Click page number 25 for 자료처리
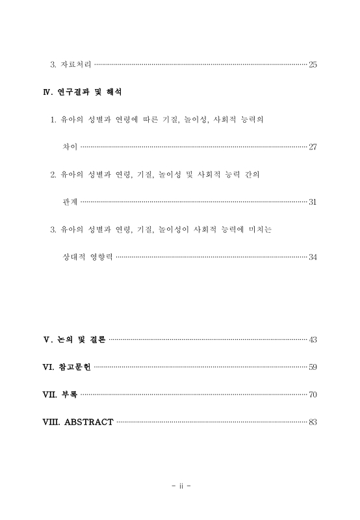(x=313, y=64)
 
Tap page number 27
(x=313, y=148)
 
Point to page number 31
(x=313, y=202)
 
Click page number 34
(x=313, y=257)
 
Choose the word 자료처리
(x=75, y=64)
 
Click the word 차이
(x=69, y=148)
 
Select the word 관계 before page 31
(x=69, y=202)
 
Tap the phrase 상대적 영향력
(x=87, y=257)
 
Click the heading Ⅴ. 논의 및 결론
(x=73, y=339)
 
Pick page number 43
(x=313, y=339)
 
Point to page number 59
(x=313, y=367)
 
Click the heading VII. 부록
(x=60, y=395)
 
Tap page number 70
(x=313, y=395)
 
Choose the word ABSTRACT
(x=88, y=422)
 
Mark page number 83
(x=313, y=422)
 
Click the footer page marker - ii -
(x=180, y=486)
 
